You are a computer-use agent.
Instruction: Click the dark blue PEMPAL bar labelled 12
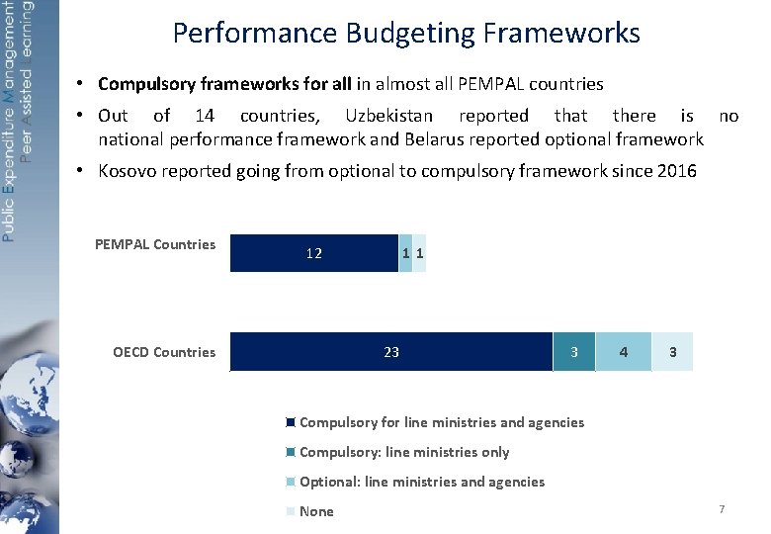tap(313, 253)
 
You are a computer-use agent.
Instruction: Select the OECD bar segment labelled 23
tap(391, 352)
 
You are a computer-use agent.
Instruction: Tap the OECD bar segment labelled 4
tap(623, 352)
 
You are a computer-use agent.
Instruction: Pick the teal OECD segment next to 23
tap(574, 352)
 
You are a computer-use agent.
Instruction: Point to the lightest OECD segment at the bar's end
tap(673, 352)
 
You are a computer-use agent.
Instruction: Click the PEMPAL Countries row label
tap(155, 244)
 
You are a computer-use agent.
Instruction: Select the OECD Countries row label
tap(164, 352)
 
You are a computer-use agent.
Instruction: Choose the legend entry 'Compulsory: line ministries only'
tap(404, 452)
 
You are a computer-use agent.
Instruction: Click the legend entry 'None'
tap(316, 511)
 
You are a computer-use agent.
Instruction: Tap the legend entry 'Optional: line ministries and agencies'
tap(422, 482)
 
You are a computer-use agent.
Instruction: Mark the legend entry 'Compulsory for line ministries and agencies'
tap(442, 422)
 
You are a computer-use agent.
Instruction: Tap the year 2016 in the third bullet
tap(677, 171)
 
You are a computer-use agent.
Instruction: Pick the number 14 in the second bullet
tap(205, 117)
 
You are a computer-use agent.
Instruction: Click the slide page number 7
tap(722, 508)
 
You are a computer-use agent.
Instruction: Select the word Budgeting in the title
tap(412, 34)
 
